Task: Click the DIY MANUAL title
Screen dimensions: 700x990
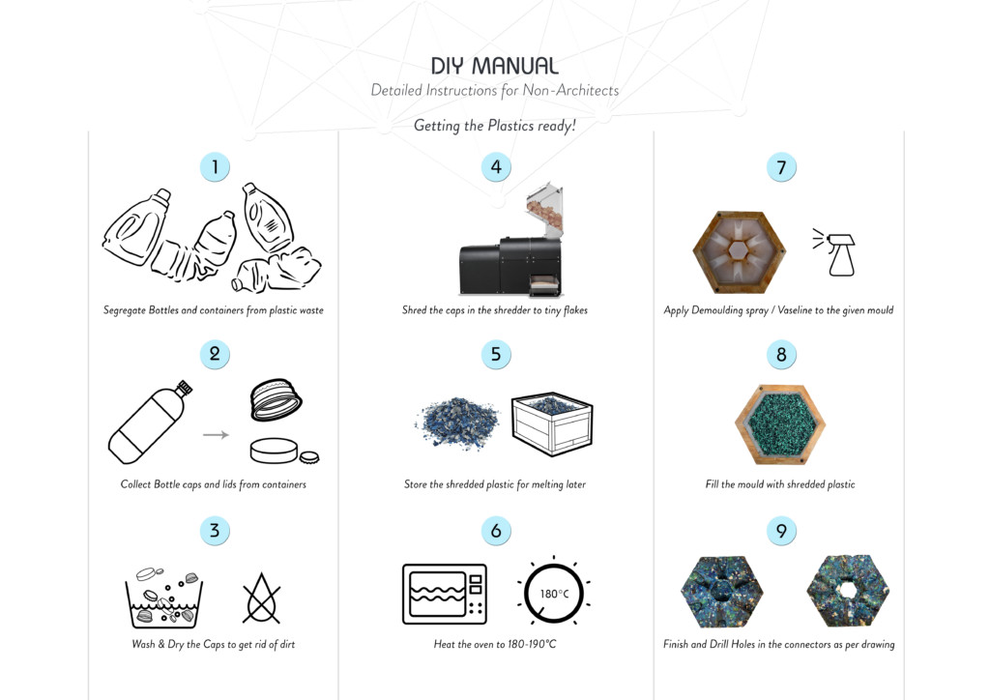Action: [494, 66]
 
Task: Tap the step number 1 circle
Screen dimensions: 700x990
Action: [215, 166]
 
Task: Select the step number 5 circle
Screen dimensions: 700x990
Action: [495, 354]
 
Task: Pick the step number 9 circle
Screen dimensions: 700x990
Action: [781, 531]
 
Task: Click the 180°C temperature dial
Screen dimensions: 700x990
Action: [553, 593]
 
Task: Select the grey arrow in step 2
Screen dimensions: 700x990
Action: [216, 435]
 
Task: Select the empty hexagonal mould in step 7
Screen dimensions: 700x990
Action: [740, 252]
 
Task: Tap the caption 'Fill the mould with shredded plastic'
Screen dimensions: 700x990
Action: [779, 484]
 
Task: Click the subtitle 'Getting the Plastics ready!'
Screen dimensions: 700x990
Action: [494, 126]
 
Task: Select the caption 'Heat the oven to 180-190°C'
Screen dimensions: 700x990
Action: [494, 644]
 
